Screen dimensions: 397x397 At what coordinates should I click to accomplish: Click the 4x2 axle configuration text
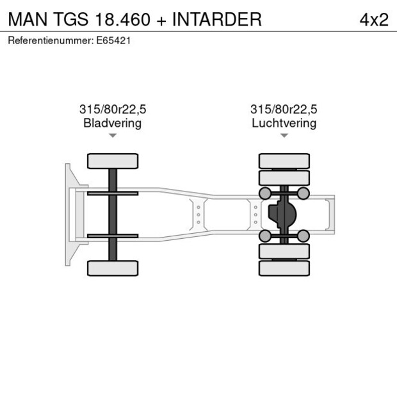coord(374,19)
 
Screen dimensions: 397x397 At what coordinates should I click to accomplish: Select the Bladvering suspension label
coord(113,123)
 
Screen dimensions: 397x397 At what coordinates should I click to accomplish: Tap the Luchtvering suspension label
coord(284,123)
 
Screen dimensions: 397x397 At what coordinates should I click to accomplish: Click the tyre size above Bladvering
coord(113,109)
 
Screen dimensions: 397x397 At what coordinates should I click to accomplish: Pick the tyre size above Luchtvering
coord(284,109)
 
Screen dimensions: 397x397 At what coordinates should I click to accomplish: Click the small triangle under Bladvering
coord(113,136)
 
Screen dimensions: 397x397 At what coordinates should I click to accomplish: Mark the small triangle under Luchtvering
coord(284,136)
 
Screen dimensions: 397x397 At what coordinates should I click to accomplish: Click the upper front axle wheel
coord(113,161)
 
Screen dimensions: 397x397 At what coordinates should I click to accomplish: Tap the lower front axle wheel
coord(113,268)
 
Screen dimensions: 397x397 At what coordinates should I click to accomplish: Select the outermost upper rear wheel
coord(284,161)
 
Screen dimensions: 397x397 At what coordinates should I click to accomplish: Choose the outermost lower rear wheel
coord(284,268)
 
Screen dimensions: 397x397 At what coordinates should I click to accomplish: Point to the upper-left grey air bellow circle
coord(264,193)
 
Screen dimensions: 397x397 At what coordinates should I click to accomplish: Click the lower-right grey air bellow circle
coord(304,236)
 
